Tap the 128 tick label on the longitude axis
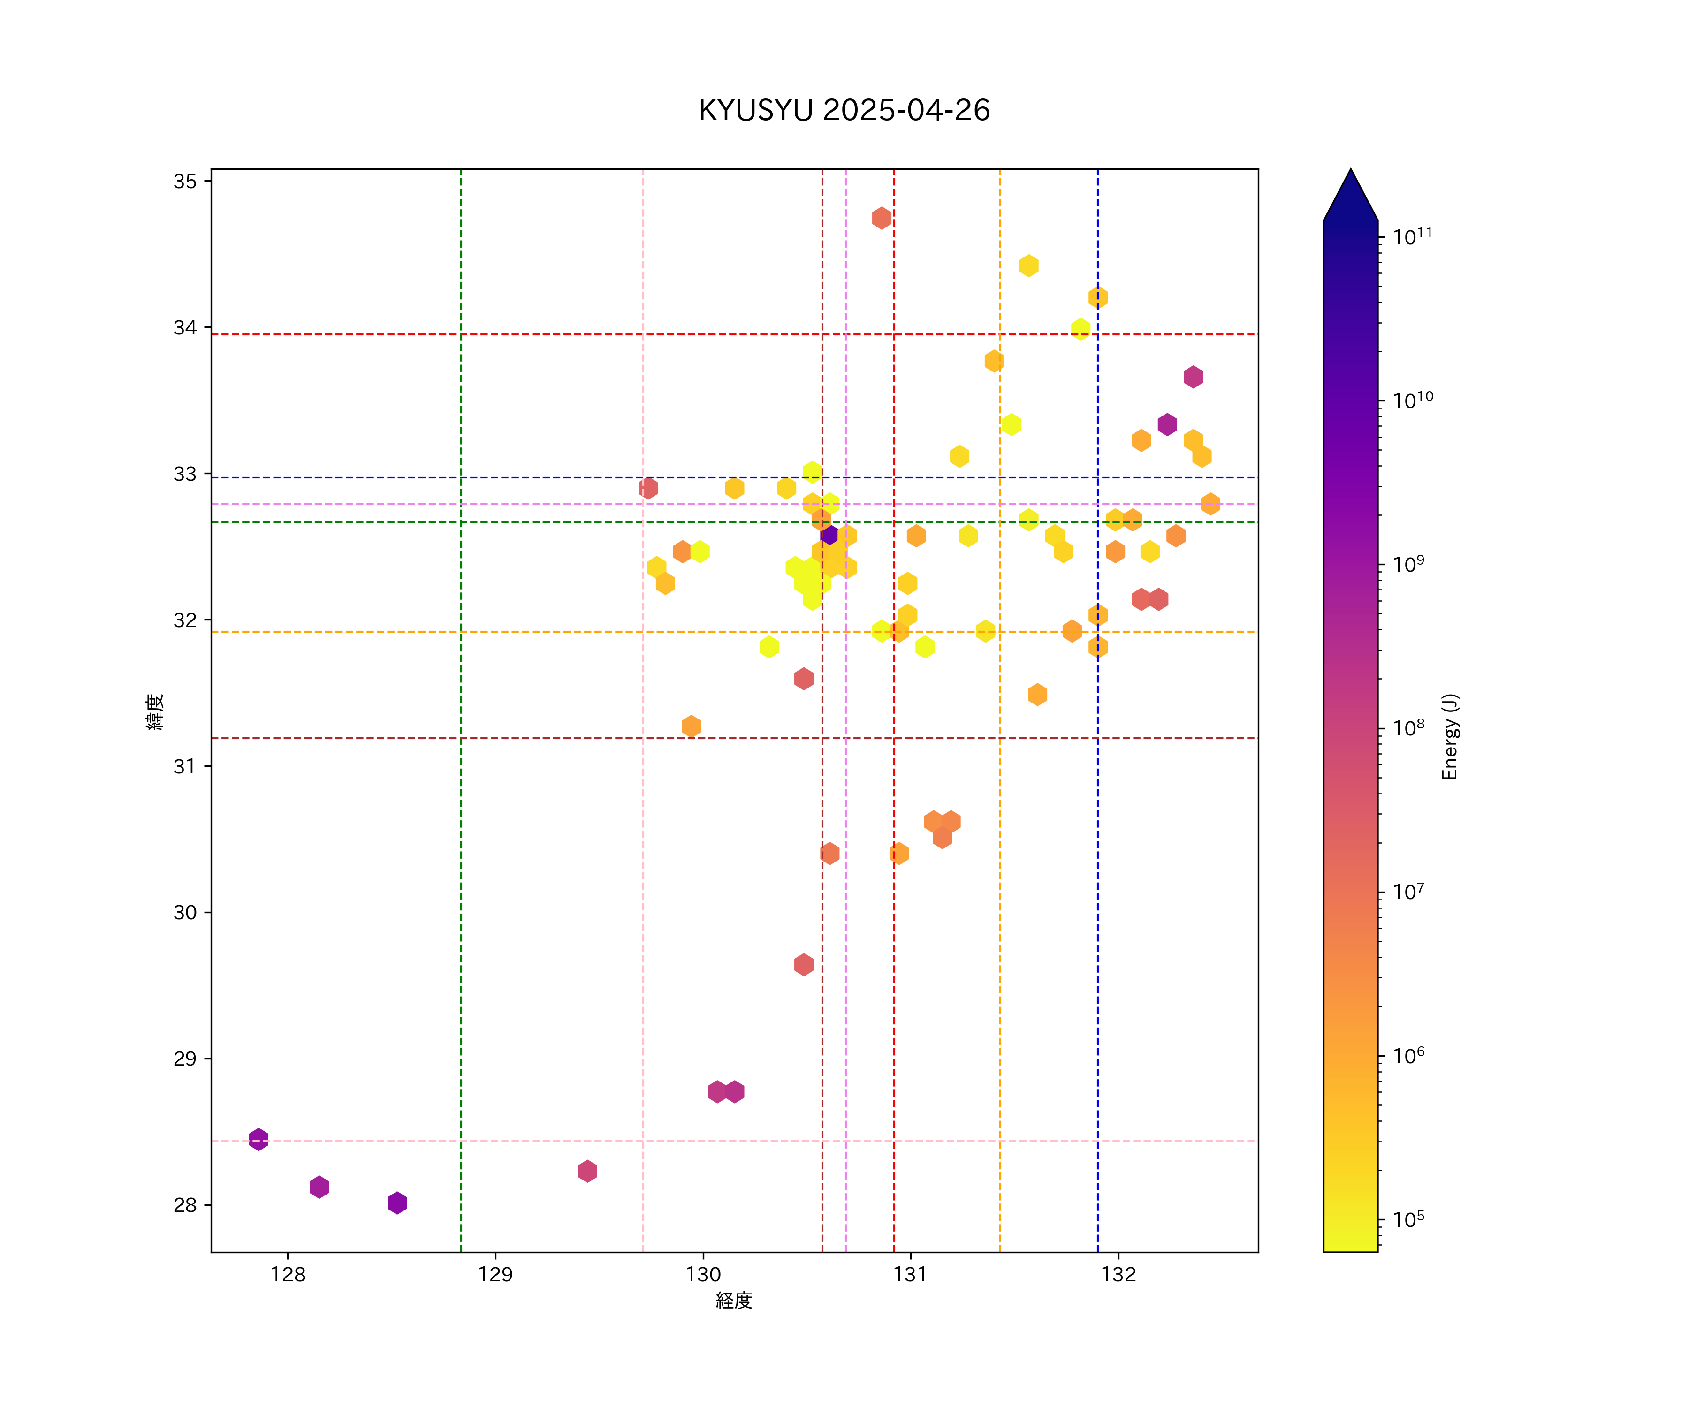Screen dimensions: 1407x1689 (x=288, y=1274)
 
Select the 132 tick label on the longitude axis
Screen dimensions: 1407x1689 (x=1118, y=1274)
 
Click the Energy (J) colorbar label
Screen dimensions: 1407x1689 (x=1449, y=736)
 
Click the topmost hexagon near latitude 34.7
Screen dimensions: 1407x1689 (x=882, y=218)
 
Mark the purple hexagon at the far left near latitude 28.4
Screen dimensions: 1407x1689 (x=258, y=1139)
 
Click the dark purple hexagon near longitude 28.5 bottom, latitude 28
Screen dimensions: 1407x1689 (x=396, y=1203)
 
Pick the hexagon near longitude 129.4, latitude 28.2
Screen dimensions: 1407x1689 (x=587, y=1171)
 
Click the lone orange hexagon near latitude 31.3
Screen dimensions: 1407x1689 (x=691, y=726)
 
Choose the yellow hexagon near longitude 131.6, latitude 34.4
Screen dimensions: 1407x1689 (x=1029, y=265)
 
